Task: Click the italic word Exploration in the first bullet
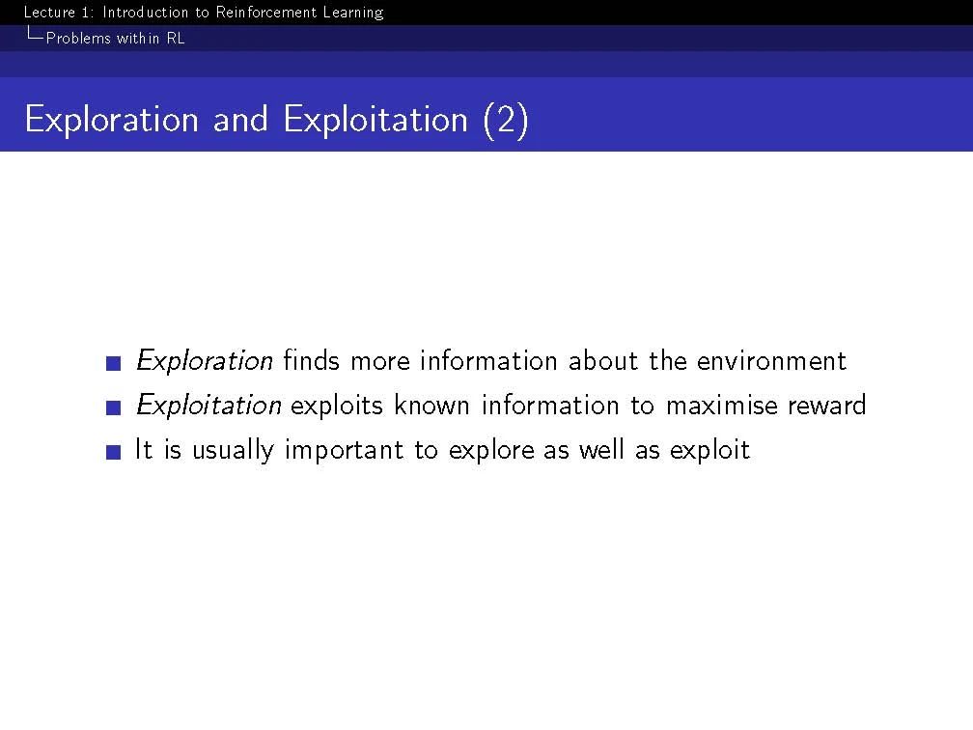point(205,361)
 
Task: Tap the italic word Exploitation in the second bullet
point(208,406)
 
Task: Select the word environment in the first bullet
point(771,361)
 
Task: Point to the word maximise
point(722,406)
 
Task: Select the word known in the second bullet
point(431,406)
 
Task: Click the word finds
point(312,361)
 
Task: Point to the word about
point(602,361)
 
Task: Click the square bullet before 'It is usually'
point(114,452)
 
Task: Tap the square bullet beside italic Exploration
point(114,362)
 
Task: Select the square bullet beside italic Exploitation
point(114,407)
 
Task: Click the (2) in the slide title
point(506,120)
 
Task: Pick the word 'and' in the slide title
point(240,119)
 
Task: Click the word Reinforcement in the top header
point(266,13)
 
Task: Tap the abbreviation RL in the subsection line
point(176,39)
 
